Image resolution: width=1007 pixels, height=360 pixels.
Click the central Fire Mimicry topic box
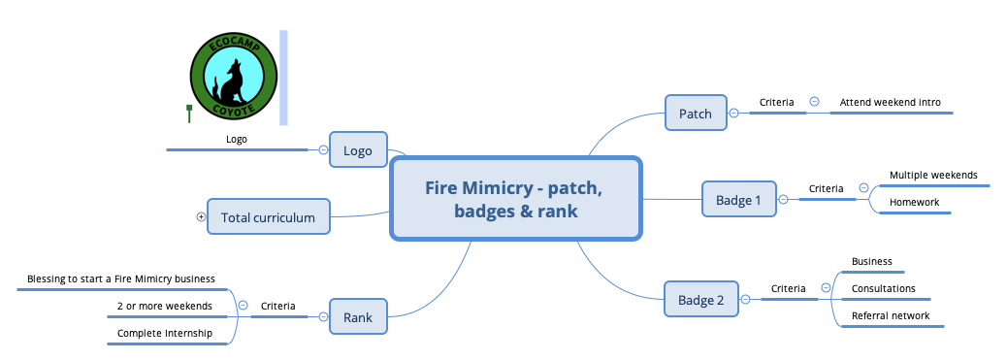click(x=515, y=198)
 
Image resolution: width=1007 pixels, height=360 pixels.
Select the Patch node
click(x=695, y=114)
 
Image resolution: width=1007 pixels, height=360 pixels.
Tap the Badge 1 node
click(x=738, y=200)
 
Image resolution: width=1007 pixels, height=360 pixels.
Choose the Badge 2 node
click(x=700, y=300)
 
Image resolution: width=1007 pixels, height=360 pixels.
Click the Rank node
click(x=358, y=316)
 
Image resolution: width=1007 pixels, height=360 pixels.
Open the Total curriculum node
click(x=268, y=217)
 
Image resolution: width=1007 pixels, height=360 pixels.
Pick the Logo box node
click(x=358, y=150)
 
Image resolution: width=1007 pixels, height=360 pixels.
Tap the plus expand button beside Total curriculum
click(x=201, y=217)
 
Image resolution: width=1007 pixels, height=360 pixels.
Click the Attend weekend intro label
click(x=890, y=102)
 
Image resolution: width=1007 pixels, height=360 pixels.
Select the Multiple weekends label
click(x=933, y=176)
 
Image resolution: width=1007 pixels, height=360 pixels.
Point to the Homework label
click(x=914, y=202)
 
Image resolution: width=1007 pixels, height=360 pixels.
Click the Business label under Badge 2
click(x=871, y=261)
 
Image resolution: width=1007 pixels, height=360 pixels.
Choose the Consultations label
click(x=883, y=288)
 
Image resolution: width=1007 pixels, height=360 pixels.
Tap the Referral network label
click(x=890, y=315)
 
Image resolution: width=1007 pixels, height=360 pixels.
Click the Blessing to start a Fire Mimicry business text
click(x=120, y=278)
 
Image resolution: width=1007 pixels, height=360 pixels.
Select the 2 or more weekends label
click(x=163, y=306)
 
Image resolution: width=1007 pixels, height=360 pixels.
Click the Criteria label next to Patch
click(x=776, y=102)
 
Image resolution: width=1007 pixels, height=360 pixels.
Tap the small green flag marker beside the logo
click(x=189, y=113)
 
